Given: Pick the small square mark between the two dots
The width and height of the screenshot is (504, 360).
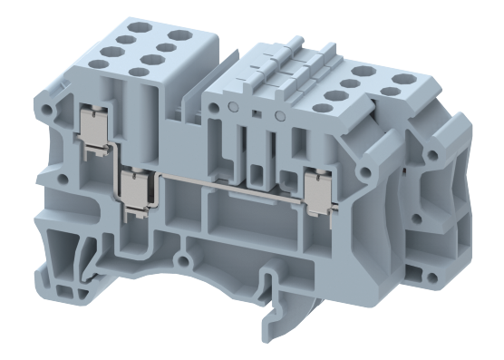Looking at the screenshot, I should pyautogui.click(x=257, y=113).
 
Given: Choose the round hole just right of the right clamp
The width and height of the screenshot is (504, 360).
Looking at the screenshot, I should pyautogui.click(x=364, y=170).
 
